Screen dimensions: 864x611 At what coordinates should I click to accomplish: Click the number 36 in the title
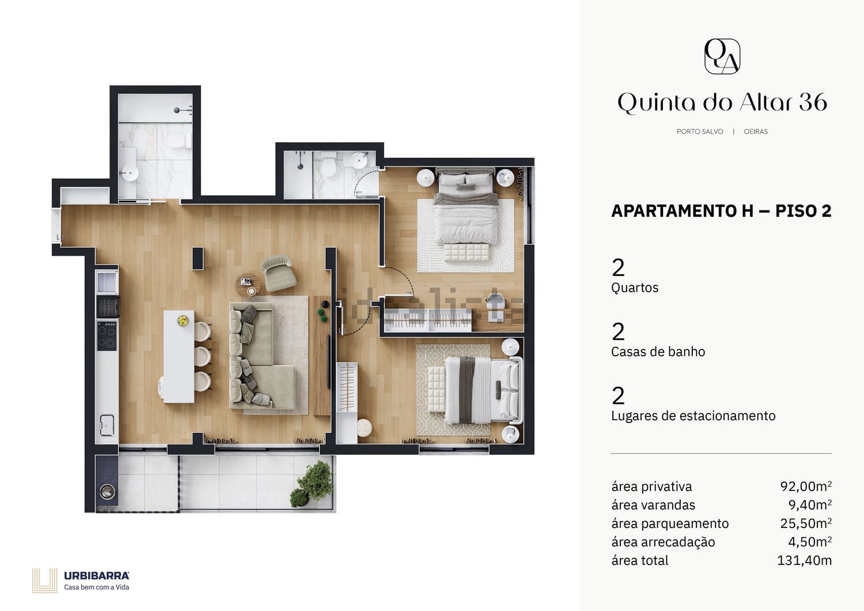click(813, 102)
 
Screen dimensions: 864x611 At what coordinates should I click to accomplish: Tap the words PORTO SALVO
click(700, 131)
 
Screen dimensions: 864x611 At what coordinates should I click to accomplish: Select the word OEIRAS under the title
click(756, 131)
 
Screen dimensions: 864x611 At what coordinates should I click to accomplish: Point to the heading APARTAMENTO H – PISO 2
click(721, 211)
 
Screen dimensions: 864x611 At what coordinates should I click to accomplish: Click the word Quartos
click(635, 288)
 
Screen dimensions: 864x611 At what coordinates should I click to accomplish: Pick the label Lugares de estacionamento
click(693, 416)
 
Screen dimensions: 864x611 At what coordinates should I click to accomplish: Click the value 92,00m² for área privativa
click(806, 486)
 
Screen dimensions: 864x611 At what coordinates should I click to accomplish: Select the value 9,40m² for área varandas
click(810, 505)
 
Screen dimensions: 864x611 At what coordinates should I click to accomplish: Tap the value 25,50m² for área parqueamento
click(806, 523)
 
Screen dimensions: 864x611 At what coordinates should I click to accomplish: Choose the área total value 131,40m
click(804, 560)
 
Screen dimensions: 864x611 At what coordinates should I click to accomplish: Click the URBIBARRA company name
click(96, 576)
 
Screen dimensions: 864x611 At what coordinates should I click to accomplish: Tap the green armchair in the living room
click(278, 273)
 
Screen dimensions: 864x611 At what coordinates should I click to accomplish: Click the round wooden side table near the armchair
click(248, 285)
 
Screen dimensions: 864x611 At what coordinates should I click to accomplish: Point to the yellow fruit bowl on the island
click(183, 320)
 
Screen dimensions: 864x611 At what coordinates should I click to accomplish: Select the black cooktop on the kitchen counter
click(107, 336)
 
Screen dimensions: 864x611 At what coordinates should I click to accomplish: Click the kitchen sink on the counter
click(107, 425)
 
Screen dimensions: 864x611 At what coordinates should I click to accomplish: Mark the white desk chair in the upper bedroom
click(496, 305)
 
